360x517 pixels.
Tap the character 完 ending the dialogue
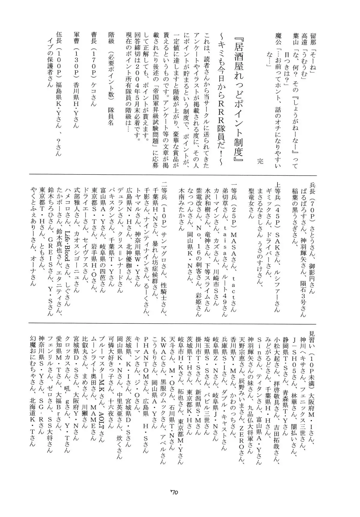(260, 161)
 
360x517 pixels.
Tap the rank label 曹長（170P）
(93, 67)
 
